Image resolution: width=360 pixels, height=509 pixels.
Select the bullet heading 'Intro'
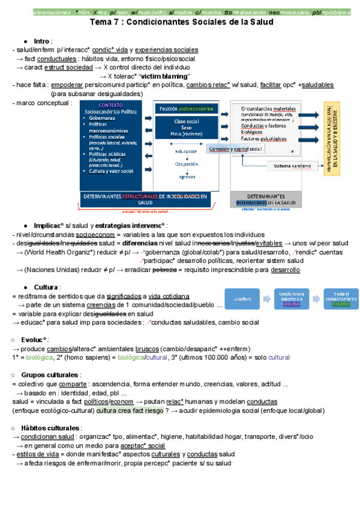point(41,40)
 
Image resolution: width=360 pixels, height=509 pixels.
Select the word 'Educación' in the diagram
point(187,151)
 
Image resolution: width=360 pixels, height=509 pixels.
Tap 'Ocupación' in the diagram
point(187,163)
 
